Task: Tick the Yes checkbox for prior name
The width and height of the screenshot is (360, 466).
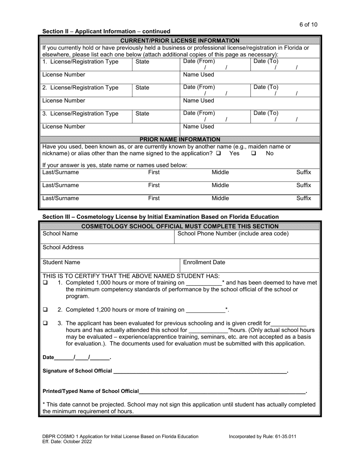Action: pyautogui.click(x=219, y=153)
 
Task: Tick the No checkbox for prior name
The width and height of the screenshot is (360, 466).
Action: pyautogui.click(x=254, y=153)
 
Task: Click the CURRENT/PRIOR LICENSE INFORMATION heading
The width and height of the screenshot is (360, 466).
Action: pyautogui.click(x=180, y=41)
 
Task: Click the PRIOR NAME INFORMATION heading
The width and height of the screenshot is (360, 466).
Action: pyautogui.click(x=180, y=139)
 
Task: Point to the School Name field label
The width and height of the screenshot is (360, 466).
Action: pyautogui.click(x=60, y=234)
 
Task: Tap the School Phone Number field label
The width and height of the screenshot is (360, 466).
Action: pyautogui.click(x=233, y=234)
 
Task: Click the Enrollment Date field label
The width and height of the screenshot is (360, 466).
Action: pyautogui.click(x=204, y=262)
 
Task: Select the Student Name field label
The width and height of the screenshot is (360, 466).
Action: pyautogui.click(x=61, y=262)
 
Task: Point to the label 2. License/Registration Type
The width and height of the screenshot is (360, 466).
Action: pyautogui.click(x=80, y=88)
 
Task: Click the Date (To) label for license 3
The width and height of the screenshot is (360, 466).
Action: pyautogui.click(x=266, y=113)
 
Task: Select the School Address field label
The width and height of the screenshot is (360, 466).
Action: pyautogui.click(x=63, y=247)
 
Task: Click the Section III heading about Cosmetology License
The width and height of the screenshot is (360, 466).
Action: pyautogui.click(x=160, y=217)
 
